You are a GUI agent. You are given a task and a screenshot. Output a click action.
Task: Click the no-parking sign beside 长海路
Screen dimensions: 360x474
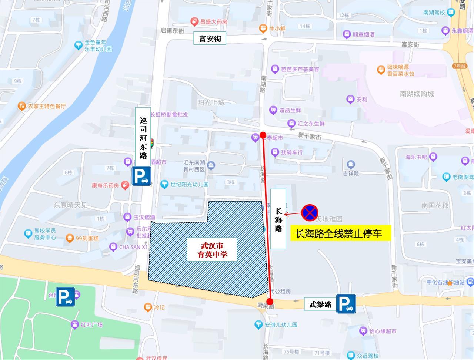pyautogui.click(x=310, y=213)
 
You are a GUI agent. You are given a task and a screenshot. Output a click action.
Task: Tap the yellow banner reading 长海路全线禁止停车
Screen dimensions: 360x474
pyautogui.click(x=340, y=233)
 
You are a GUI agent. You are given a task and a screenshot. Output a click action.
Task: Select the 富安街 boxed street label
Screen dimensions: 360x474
pyautogui.click(x=210, y=38)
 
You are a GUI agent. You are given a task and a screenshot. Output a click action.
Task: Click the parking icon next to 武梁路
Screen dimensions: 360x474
pyautogui.click(x=346, y=304)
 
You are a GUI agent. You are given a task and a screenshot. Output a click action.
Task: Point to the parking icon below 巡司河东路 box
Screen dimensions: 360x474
pyautogui.click(x=141, y=176)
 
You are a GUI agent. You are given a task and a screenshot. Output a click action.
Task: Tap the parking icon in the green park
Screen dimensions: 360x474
pyautogui.click(x=65, y=297)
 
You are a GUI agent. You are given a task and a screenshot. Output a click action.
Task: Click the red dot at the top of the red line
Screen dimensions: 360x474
pyautogui.click(x=263, y=135)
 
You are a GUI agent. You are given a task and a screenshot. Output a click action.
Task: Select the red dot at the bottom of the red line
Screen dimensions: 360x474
pyautogui.click(x=270, y=302)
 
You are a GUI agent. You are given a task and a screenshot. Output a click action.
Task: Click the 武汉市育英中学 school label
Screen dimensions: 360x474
pyautogui.click(x=212, y=250)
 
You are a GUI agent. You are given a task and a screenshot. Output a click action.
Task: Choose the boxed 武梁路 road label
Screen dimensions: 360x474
pyautogui.click(x=320, y=304)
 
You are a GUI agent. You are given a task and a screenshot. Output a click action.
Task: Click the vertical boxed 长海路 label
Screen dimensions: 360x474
pyautogui.click(x=278, y=219)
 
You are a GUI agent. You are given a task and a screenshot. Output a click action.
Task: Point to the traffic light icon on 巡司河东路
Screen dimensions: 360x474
pyautogui.click(x=152, y=143)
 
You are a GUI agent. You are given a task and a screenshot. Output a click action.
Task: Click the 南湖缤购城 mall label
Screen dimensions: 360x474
pyautogui.click(x=417, y=94)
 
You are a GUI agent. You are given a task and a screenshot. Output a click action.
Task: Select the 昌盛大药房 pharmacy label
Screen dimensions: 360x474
pyautogui.click(x=213, y=21)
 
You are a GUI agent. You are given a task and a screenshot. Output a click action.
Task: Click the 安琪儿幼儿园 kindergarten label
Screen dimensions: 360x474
pyautogui.click(x=281, y=325)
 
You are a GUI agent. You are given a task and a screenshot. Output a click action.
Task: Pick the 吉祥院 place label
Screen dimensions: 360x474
pyautogui.click(x=350, y=173)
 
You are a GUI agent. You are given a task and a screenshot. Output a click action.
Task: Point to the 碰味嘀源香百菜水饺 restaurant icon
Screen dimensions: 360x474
pyautogui.click(x=381, y=70)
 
